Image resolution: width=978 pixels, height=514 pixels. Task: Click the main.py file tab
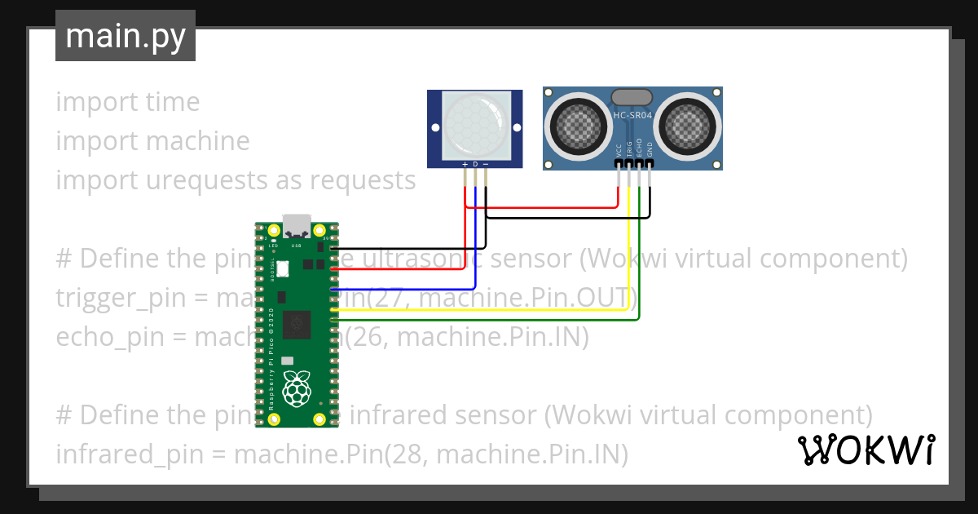(x=125, y=36)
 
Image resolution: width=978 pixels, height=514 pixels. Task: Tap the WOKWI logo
(x=866, y=450)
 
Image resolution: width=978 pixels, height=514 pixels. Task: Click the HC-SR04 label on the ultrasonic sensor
(x=632, y=117)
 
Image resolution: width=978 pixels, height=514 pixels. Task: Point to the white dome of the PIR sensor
(x=476, y=125)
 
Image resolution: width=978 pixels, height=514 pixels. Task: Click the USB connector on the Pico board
(x=295, y=224)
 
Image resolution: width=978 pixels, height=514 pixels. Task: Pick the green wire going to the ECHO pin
(x=641, y=269)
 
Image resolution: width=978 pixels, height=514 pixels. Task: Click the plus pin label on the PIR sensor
(x=465, y=165)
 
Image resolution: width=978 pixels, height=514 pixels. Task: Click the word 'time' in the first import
(x=173, y=102)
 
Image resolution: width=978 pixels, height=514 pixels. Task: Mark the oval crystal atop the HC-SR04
(x=632, y=97)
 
